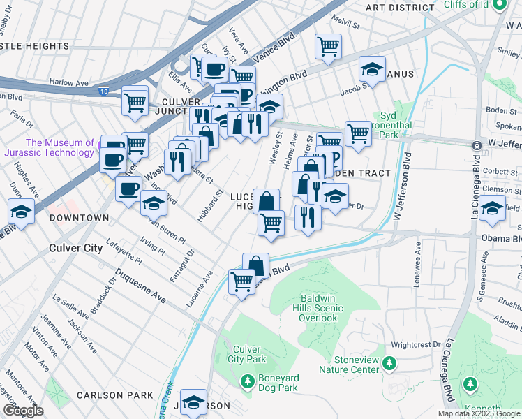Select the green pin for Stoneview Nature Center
pos(389,363)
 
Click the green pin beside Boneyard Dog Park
pos(246,381)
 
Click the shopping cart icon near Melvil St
pos(328,46)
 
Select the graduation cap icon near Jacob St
pos(373,69)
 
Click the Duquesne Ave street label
pos(140,286)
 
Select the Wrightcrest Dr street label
pos(416,344)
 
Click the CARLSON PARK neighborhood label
pos(115,395)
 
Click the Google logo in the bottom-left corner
pos(23,411)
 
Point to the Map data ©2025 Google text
pos(479,413)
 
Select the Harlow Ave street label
pos(69,82)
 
